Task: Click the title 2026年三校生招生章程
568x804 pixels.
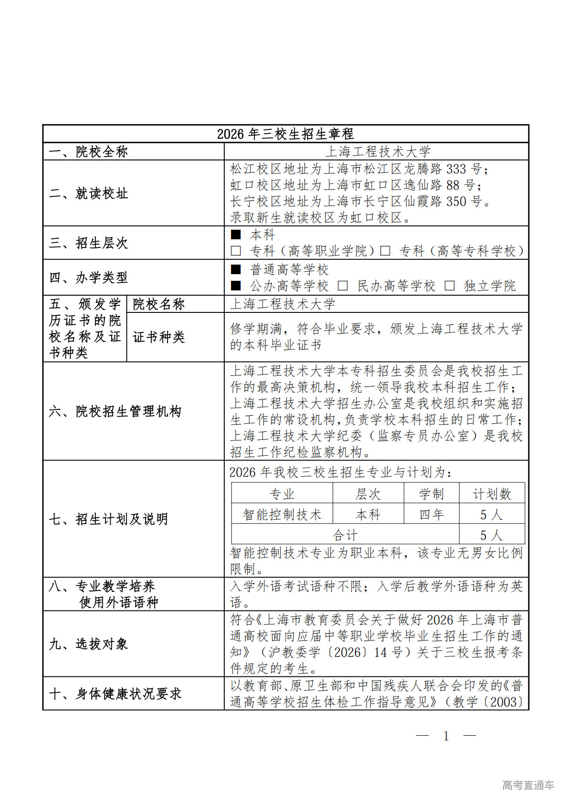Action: point(285,134)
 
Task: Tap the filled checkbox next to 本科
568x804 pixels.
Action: point(236,235)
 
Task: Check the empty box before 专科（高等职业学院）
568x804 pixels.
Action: point(236,251)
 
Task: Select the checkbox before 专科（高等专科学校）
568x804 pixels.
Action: point(385,251)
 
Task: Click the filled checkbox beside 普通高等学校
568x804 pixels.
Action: point(236,269)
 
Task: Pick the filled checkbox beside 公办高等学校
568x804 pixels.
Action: point(236,286)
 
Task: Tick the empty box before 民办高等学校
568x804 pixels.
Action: point(343,286)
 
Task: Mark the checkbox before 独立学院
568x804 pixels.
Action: point(449,286)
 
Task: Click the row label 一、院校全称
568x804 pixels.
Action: point(88,152)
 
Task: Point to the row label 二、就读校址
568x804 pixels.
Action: point(88,193)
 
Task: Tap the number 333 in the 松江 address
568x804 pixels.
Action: point(456,169)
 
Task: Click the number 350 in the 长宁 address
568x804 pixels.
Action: point(456,202)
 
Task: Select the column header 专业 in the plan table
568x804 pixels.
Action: point(282,494)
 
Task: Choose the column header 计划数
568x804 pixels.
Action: point(492,494)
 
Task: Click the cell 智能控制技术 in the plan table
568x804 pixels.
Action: point(282,515)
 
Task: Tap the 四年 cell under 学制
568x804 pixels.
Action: point(431,515)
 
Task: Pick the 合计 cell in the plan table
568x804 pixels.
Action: point(345,535)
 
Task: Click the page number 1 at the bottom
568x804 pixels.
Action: point(446,736)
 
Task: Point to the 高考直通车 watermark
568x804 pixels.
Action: point(528,785)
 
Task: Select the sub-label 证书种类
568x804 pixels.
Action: point(158,337)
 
